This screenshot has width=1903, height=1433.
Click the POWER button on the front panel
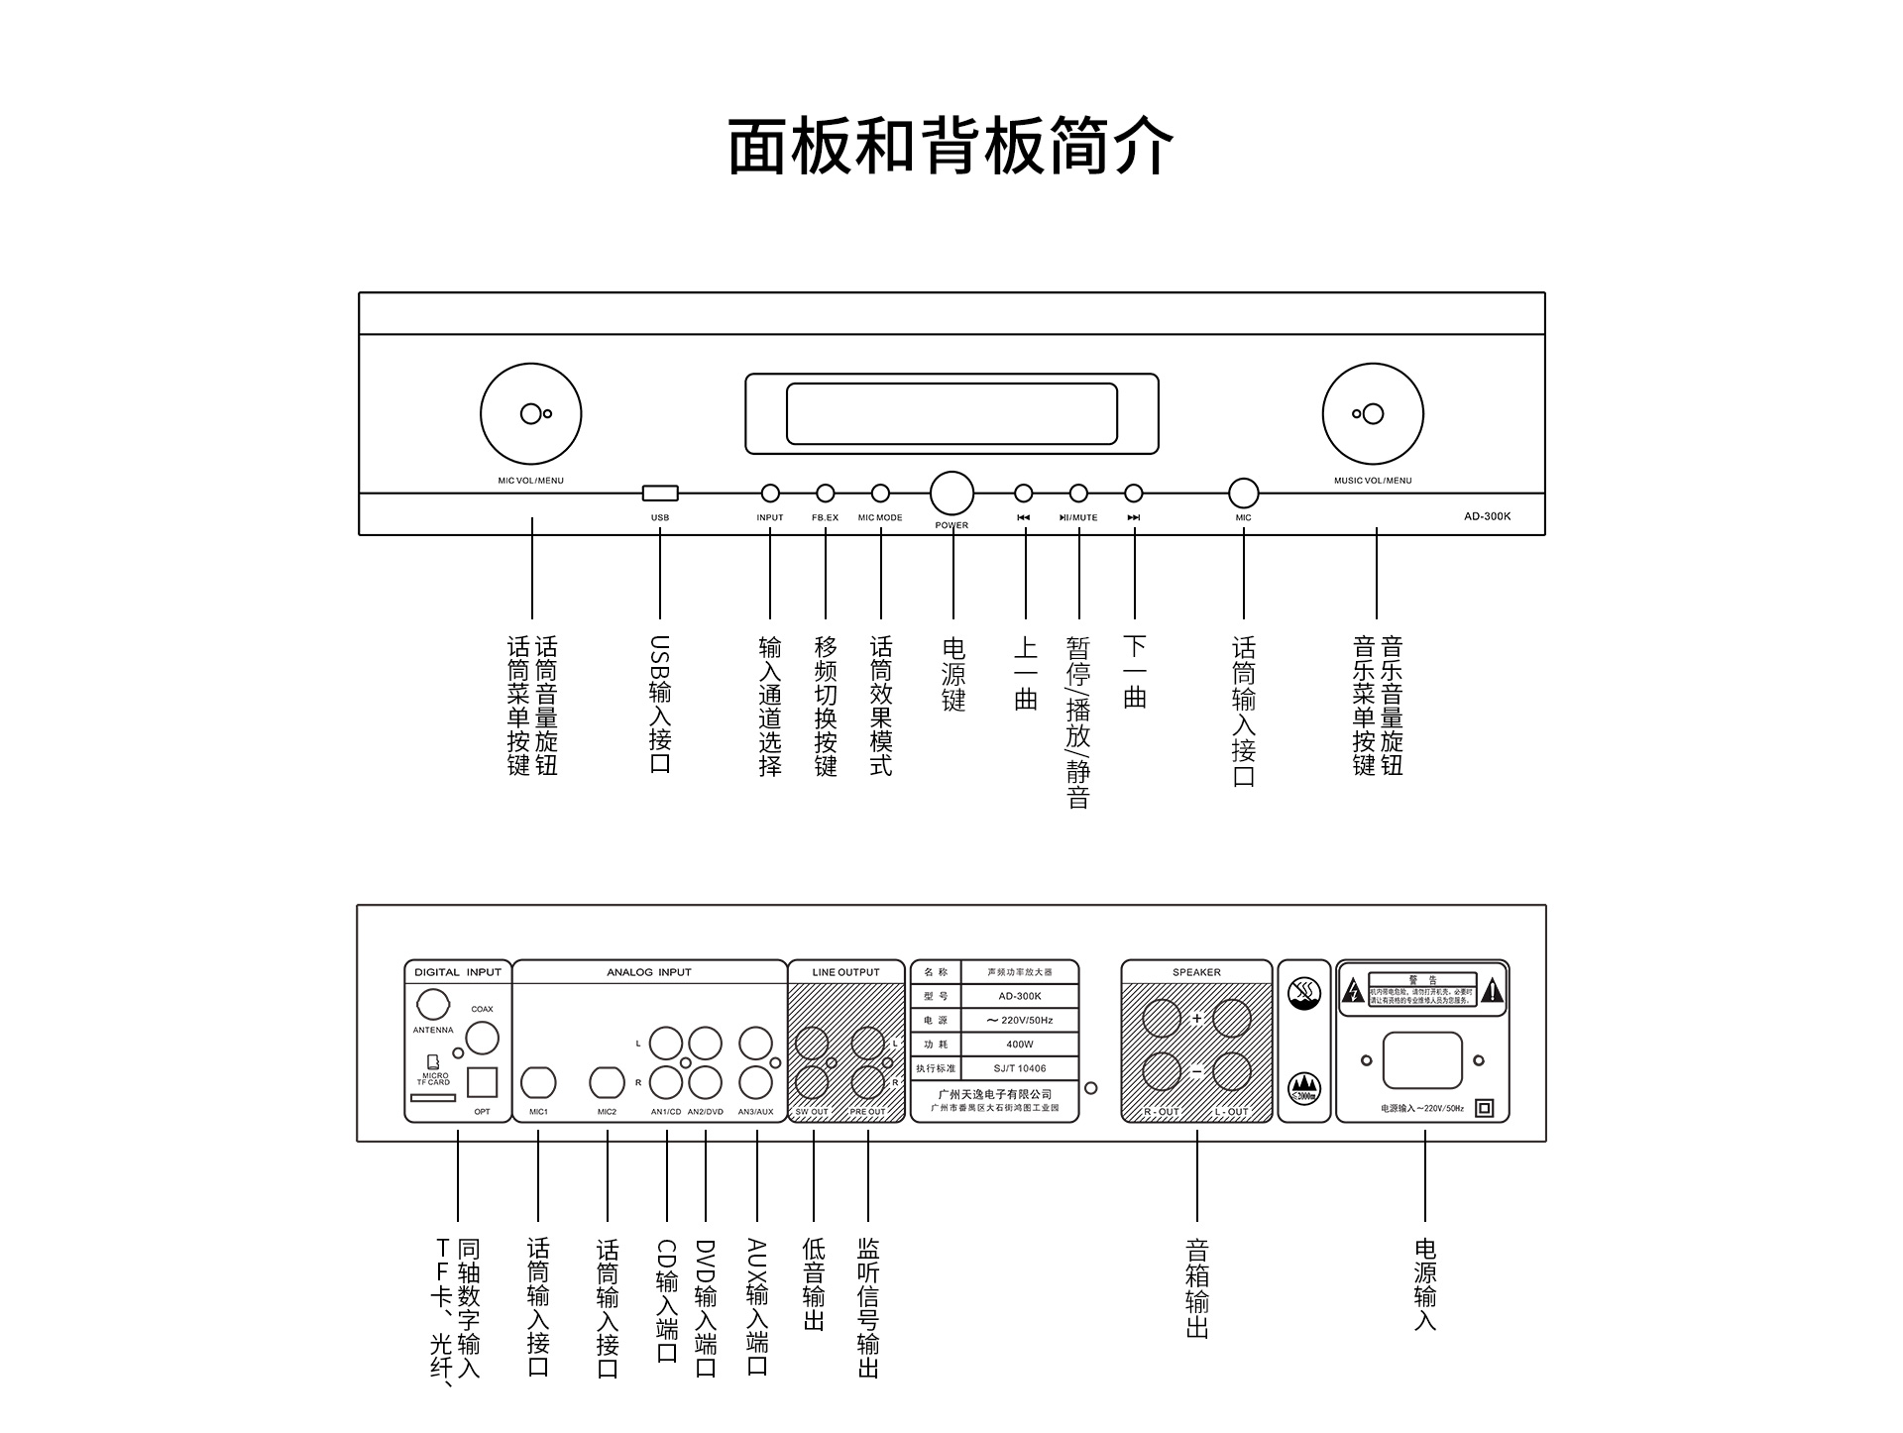pos(951,493)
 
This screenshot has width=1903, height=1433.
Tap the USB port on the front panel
pos(660,493)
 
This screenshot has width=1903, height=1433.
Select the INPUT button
pos(770,493)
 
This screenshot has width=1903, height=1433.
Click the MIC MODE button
pos(880,493)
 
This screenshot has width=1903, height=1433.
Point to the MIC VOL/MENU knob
pos(531,413)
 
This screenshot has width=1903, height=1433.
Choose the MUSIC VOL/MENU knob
pos(1373,413)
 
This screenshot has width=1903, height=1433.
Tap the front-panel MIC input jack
pos(1243,493)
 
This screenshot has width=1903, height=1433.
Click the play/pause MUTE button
pos(1078,493)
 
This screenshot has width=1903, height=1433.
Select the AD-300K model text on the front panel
pos(1487,516)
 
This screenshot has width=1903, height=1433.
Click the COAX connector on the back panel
pos(482,1038)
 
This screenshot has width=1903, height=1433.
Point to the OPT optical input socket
pos(482,1081)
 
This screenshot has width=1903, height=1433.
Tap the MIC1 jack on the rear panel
pos(538,1082)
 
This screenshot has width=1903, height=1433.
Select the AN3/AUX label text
pos(755,1112)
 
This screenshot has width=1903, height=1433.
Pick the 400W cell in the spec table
pos(1019,1045)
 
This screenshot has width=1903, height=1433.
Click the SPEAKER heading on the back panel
pos(1196,972)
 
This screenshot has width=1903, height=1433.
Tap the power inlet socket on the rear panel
pos(1422,1060)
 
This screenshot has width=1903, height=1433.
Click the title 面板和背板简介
pos(951,146)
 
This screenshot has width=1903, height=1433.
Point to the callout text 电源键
pos(953,674)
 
